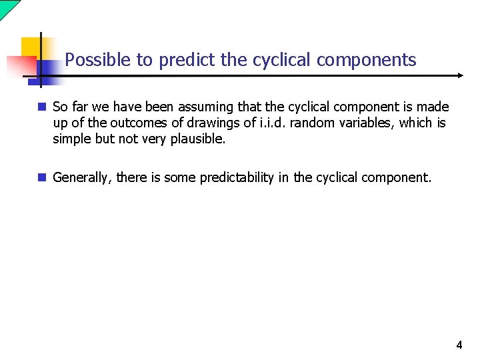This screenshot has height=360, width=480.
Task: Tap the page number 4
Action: click(459, 345)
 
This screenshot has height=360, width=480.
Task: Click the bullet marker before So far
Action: click(42, 107)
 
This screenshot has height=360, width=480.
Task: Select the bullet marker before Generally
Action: click(42, 177)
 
